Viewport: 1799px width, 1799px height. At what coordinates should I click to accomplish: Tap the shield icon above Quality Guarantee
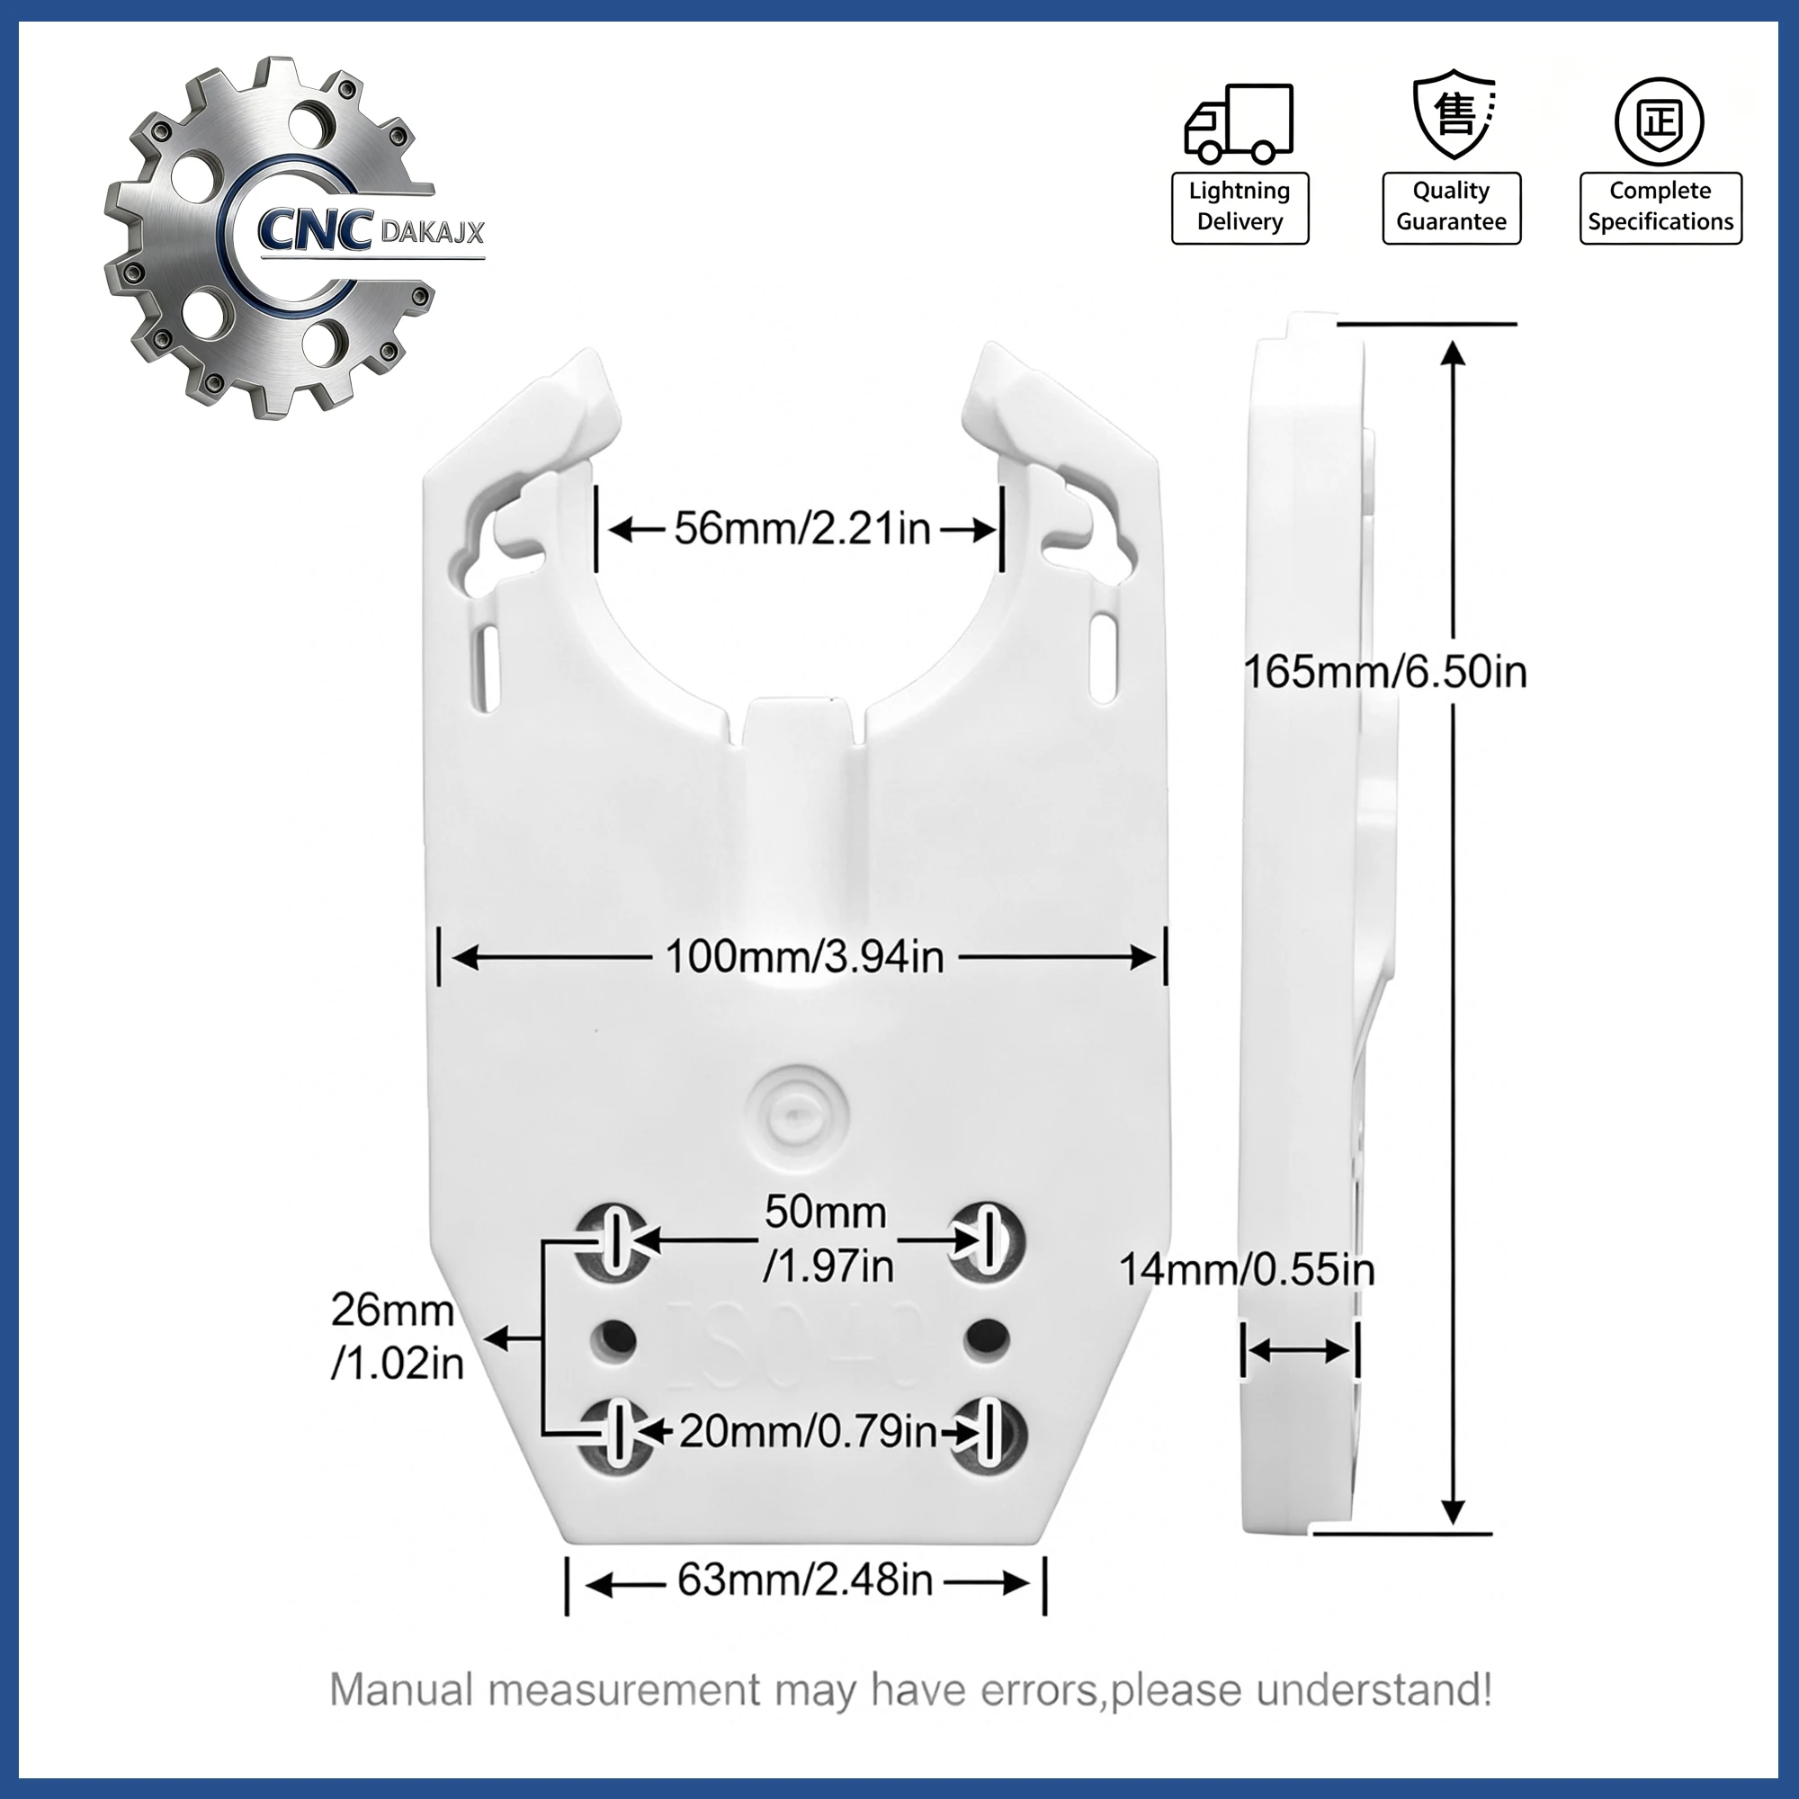point(1454,113)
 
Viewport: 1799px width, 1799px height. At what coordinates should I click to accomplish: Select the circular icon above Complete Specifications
point(1660,122)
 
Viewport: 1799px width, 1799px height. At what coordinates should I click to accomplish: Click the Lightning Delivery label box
point(1240,208)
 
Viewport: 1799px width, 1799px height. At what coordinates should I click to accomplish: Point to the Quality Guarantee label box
point(1452,208)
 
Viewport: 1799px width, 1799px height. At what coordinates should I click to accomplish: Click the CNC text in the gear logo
point(314,228)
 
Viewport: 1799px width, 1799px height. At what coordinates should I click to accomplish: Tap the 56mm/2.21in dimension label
point(801,528)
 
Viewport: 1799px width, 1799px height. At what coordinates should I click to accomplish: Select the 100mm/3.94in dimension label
point(804,956)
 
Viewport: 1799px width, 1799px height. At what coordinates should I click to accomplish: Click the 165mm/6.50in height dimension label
point(1385,671)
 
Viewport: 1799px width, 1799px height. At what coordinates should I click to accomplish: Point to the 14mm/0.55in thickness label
point(1247,1269)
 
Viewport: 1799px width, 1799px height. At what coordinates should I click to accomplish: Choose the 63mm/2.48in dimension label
point(804,1580)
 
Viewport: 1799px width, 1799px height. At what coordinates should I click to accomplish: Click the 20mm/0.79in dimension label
point(808,1431)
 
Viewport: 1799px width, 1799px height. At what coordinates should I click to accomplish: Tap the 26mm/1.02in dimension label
point(397,1337)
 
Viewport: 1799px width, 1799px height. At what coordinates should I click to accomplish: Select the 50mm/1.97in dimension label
point(828,1239)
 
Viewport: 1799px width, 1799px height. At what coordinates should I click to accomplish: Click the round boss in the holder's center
point(798,1114)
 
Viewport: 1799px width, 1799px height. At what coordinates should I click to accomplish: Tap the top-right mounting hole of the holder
point(986,1240)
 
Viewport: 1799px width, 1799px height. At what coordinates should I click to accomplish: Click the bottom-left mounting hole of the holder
point(615,1435)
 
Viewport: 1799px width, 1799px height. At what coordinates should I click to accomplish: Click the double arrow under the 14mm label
point(1299,1350)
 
